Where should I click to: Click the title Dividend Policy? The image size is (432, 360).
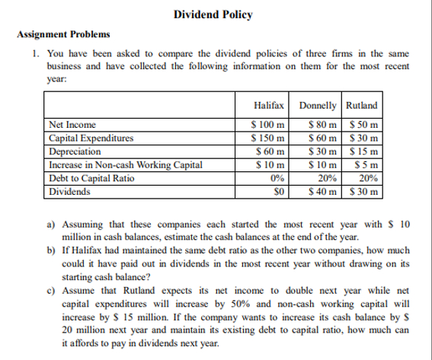coord(202,14)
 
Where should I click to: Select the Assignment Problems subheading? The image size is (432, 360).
coord(62,35)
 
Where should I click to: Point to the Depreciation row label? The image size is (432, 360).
coord(75,151)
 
